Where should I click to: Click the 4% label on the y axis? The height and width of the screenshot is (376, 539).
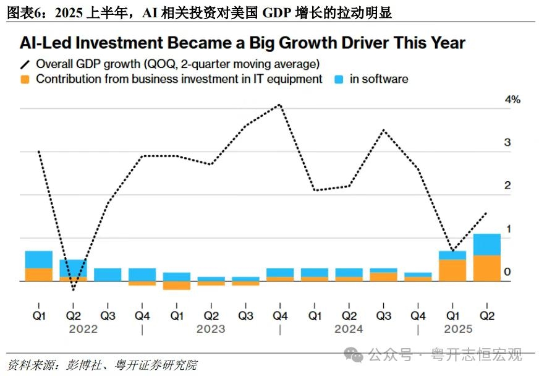tap(513, 100)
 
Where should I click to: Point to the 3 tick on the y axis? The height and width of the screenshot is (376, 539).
tap(507, 142)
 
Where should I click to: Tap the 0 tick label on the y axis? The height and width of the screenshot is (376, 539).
tap(507, 272)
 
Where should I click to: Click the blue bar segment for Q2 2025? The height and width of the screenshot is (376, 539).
tap(488, 244)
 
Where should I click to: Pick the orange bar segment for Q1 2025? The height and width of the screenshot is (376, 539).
tap(453, 270)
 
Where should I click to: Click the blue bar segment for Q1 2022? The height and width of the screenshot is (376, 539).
tap(38, 260)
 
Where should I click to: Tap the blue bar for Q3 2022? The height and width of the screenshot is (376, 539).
tap(108, 275)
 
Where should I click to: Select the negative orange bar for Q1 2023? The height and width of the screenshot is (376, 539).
tap(177, 285)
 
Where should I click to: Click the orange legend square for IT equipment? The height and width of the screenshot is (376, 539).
tap(25, 79)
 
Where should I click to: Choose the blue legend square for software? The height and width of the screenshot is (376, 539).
tap(339, 79)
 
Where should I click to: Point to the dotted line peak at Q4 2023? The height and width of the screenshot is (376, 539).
tap(281, 105)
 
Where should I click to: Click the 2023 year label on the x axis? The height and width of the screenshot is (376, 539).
tap(211, 329)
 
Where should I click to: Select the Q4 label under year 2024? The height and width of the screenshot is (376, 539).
tap(418, 315)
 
